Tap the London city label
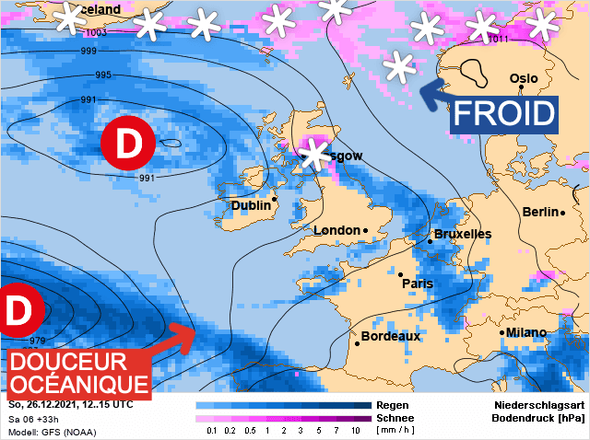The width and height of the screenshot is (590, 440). tap(337, 230)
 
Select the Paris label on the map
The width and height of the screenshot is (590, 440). tap(418, 284)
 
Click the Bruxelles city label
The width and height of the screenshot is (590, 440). tap(462, 235)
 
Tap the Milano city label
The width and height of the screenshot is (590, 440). tap(525, 332)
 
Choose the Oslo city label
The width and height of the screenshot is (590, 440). tap(524, 78)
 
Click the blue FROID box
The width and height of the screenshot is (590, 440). tap(505, 114)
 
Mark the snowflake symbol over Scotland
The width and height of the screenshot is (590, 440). tap(316, 154)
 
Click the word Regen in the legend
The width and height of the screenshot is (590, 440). tap(392, 405)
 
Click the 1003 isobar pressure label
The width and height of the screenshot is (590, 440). tap(95, 32)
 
